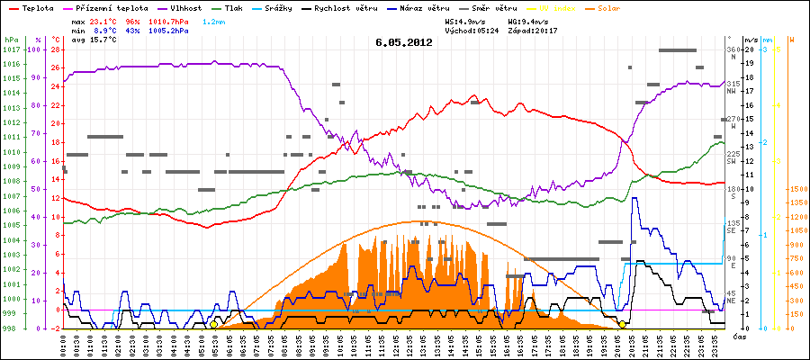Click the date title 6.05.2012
pos(404,41)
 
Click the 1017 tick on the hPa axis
pos(11,50)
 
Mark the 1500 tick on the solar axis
pos(796,190)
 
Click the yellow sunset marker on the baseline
pos(622,324)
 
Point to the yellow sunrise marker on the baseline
pos(213,324)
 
